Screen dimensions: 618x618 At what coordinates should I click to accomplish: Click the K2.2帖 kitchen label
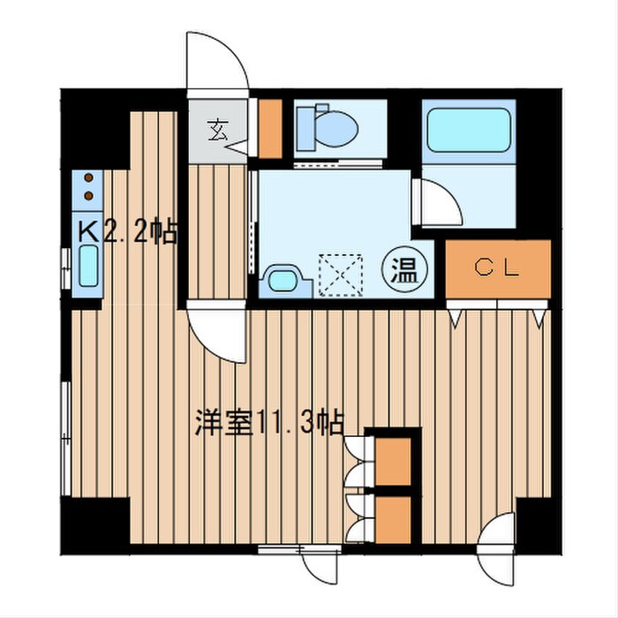(129, 233)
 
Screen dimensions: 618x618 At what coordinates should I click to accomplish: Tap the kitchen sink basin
(89, 264)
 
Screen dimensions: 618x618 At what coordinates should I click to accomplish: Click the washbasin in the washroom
(285, 281)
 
